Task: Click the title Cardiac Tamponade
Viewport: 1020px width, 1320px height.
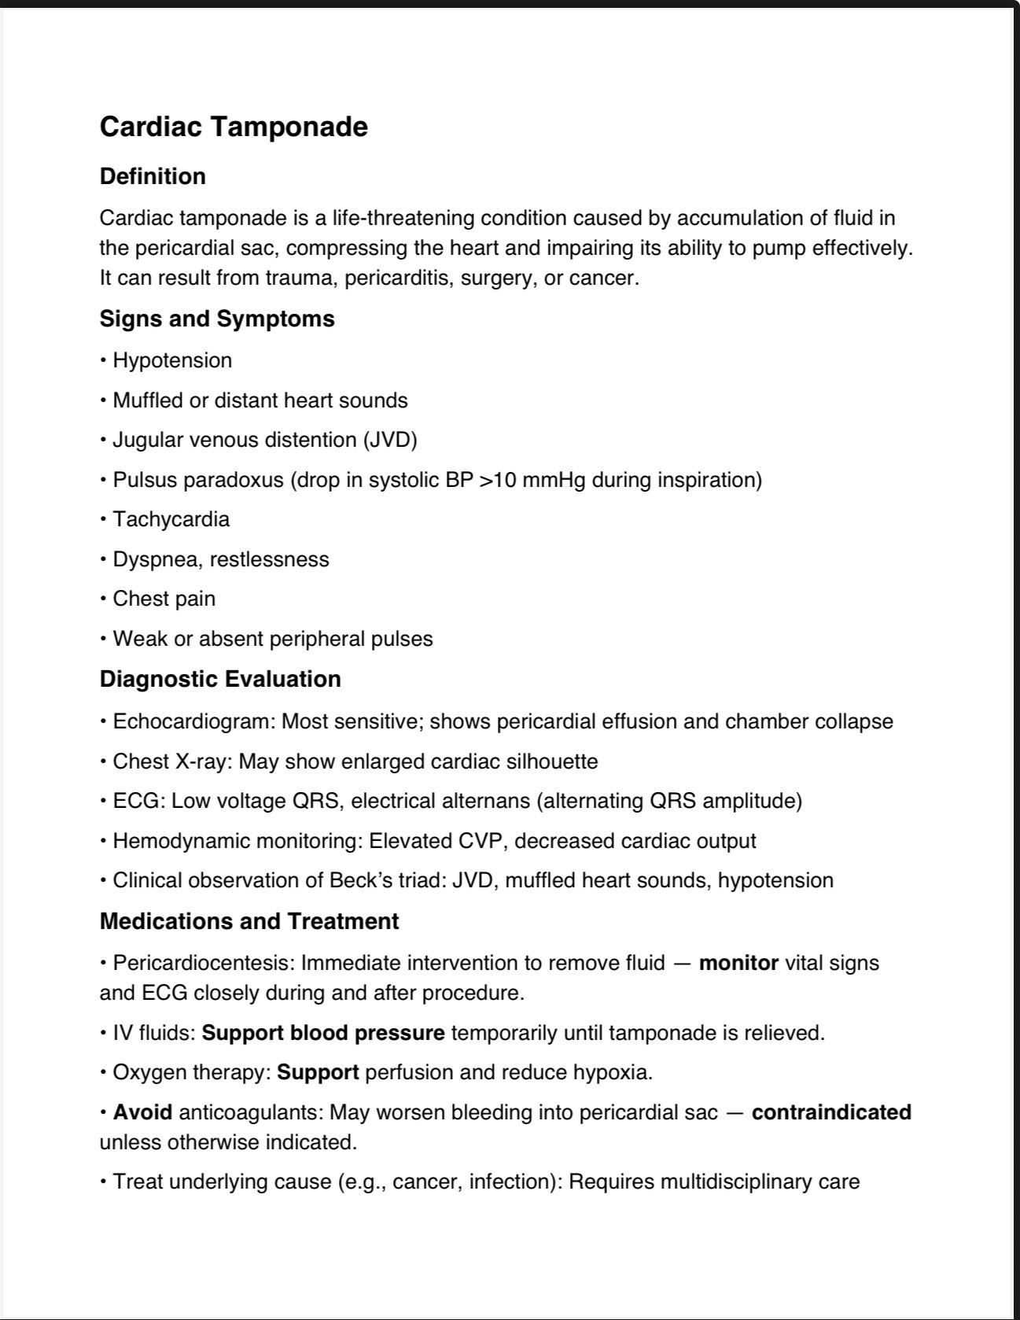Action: coord(234,127)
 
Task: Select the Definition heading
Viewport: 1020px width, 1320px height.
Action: coord(153,176)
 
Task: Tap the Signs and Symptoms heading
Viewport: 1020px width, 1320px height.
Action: coord(217,319)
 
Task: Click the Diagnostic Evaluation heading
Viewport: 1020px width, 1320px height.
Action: coord(220,679)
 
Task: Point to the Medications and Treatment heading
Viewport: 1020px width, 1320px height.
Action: coord(249,921)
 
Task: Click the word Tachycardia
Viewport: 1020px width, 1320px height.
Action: coord(171,519)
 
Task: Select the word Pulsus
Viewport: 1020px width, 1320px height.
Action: coord(145,480)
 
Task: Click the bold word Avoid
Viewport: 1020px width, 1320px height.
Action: coord(142,1112)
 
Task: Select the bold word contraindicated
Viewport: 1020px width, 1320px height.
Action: coord(831,1112)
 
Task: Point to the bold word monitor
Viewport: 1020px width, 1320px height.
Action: coord(738,963)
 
